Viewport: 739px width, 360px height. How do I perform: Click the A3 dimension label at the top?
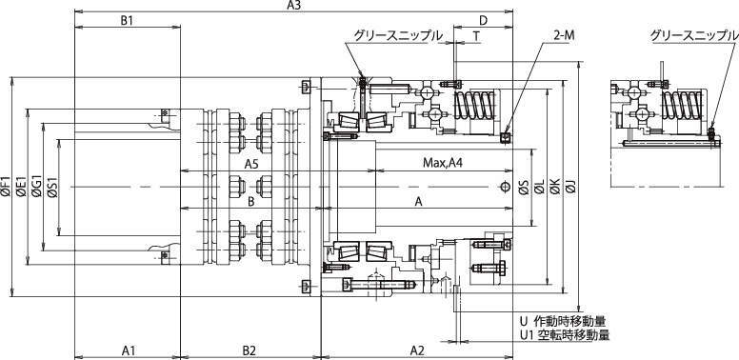[x=293, y=5]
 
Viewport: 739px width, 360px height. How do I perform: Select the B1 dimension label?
[x=127, y=20]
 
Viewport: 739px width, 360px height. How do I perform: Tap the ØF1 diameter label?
[x=6, y=186]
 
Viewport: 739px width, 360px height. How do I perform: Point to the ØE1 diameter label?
[x=21, y=186]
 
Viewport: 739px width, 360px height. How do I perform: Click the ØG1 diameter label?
[x=37, y=186]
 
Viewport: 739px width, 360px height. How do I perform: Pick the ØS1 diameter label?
[x=51, y=186]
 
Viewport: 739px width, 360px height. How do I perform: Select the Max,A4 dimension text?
[x=443, y=164]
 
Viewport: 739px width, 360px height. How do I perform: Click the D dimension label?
[x=483, y=20]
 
